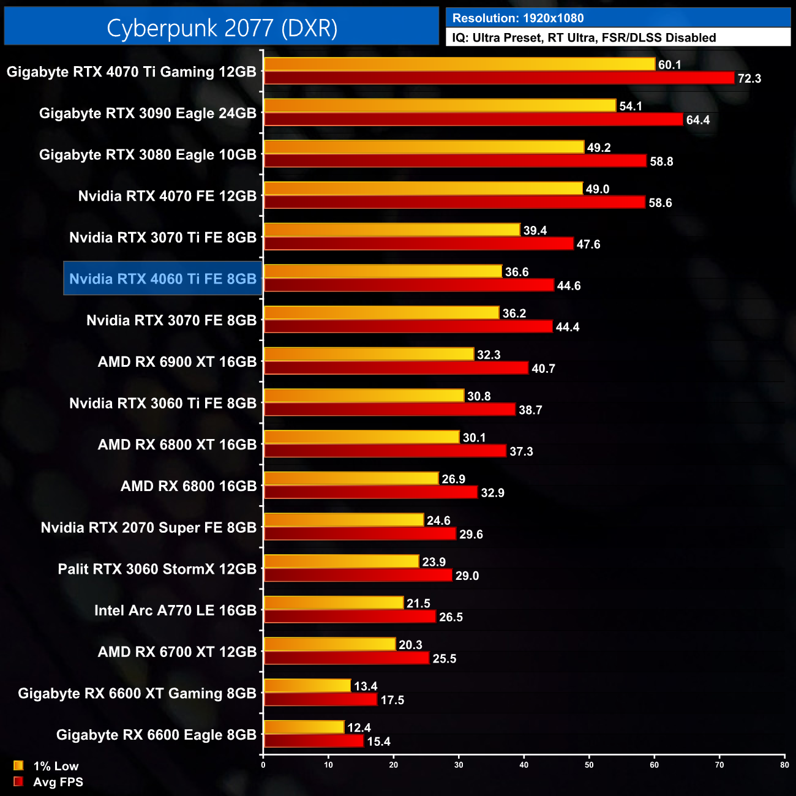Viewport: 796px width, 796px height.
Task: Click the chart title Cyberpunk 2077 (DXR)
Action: click(222, 28)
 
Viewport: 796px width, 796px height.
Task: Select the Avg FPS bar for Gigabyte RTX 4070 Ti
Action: click(498, 78)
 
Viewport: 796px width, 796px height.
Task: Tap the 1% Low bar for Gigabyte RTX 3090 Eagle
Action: click(440, 105)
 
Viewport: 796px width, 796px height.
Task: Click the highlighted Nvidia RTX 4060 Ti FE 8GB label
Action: click(163, 279)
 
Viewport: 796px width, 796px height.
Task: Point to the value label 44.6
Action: click(569, 286)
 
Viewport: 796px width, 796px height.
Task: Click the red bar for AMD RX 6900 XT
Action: click(396, 368)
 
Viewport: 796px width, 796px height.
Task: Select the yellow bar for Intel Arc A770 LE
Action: click(334, 603)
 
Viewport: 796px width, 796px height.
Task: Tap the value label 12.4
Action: click(359, 728)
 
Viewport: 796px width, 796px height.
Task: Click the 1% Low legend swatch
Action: click(18, 765)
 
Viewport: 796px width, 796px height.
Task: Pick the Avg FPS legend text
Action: click(58, 782)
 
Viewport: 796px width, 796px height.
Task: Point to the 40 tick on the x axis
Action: click(524, 765)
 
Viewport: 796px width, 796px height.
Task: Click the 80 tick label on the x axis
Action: click(784, 765)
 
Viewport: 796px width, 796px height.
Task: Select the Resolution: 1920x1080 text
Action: click(518, 18)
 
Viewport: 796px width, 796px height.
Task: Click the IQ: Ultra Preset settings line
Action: click(584, 38)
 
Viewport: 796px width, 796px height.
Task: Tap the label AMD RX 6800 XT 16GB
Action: click(177, 445)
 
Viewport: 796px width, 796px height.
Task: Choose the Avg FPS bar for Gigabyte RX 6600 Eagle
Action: click(314, 741)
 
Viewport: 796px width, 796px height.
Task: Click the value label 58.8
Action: click(661, 162)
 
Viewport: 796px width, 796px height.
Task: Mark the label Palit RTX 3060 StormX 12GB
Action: click(157, 569)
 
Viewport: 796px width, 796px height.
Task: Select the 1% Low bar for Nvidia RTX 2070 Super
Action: click(344, 520)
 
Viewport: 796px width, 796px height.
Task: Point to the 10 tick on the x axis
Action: click(329, 765)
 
